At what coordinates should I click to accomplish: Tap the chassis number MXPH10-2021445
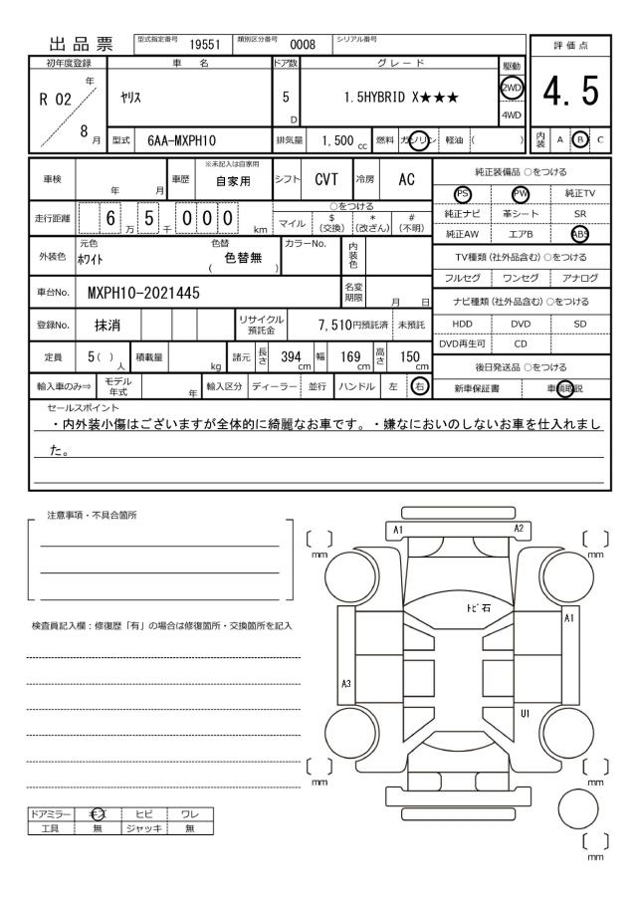click(144, 294)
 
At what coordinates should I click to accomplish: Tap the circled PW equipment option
click(518, 193)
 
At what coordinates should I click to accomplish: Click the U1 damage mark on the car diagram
click(525, 713)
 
